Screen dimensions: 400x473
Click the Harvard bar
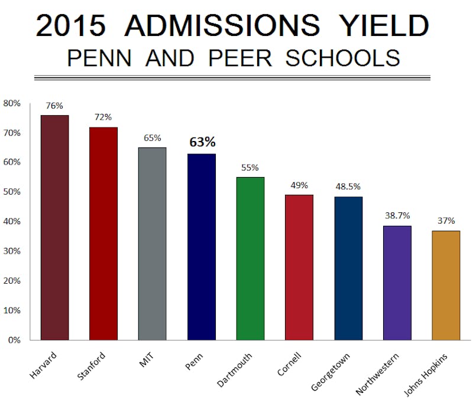click(x=55, y=228)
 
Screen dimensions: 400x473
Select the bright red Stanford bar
click(x=103, y=234)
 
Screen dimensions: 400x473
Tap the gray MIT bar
click(x=152, y=244)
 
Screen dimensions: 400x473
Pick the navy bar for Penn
click(x=201, y=247)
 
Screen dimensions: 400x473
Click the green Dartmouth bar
click(x=250, y=258)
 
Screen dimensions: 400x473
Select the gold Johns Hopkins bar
click(x=446, y=286)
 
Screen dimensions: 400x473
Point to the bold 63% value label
click(x=202, y=142)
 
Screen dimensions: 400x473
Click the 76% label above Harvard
click(x=54, y=106)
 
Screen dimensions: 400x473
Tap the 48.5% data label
click(x=348, y=185)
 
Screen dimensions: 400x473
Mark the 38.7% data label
click(x=397, y=215)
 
